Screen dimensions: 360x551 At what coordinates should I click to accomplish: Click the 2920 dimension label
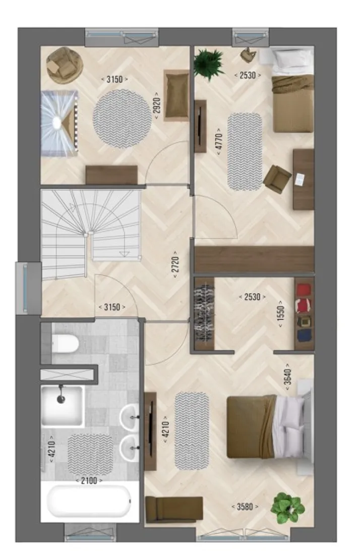[157, 103]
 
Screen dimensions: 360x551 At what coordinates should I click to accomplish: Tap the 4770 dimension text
[219, 139]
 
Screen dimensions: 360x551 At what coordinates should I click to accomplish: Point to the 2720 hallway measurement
[175, 264]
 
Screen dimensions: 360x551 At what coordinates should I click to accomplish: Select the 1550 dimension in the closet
[281, 314]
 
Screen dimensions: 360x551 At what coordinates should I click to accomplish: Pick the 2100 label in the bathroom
[89, 480]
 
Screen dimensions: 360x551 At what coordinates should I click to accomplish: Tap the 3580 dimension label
[245, 507]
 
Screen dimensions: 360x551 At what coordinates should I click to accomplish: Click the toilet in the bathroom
[65, 343]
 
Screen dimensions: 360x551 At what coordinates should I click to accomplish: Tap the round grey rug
[122, 119]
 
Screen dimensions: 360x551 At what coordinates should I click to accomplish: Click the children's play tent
[59, 123]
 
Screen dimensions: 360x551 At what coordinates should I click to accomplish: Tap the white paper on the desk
[300, 179]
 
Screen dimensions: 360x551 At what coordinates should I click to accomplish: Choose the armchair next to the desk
[277, 179]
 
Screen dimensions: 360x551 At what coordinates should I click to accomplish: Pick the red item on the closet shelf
[304, 290]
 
